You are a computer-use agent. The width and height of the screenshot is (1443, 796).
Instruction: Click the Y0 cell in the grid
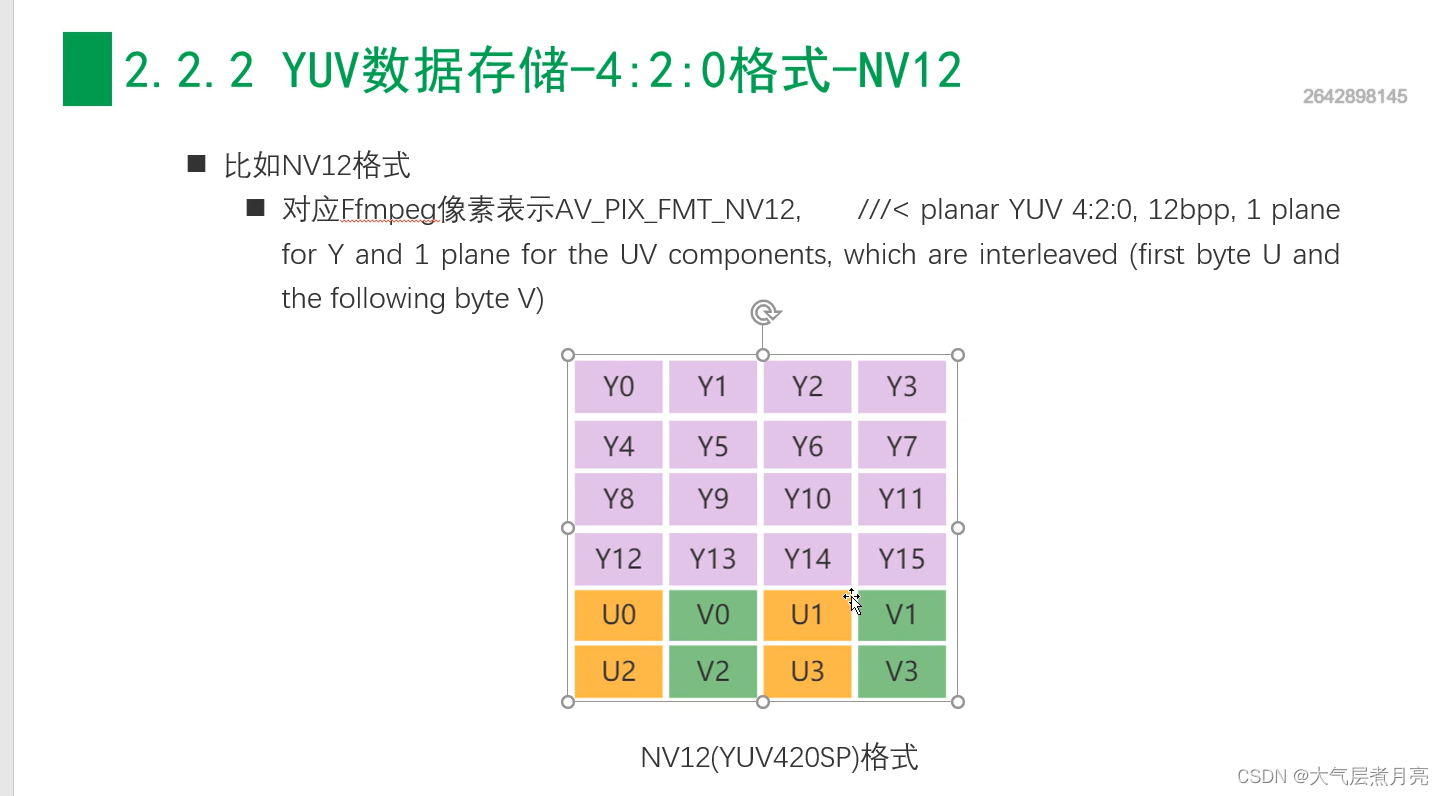click(x=618, y=386)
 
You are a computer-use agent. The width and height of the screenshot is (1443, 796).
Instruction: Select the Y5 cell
click(x=712, y=445)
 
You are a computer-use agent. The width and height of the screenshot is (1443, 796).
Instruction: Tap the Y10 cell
click(x=807, y=498)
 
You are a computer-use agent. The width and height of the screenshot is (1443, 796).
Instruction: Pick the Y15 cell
click(x=901, y=559)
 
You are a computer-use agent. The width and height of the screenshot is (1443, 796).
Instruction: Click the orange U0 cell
click(x=618, y=615)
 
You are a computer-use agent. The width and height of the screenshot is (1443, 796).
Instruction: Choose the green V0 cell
click(x=712, y=615)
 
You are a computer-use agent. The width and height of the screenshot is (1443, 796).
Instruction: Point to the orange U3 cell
click(x=807, y=671)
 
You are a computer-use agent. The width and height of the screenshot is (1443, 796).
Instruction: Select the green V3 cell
click(x=901, y=671)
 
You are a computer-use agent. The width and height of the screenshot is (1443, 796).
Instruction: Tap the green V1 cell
click(x=901, y=615)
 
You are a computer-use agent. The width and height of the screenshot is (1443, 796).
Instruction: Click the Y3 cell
click(x=901, y=386)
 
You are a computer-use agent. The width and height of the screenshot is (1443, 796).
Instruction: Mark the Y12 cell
click(x=618, y=559)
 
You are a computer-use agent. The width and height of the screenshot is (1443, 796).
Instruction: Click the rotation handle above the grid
click(x=764, y=313)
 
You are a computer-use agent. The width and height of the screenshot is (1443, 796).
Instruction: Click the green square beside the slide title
click(x=87, y=69)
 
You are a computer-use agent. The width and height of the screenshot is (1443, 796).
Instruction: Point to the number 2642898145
click(x=1355, y=97)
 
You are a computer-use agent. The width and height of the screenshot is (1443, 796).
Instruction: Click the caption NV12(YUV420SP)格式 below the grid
click(x=779, y=757)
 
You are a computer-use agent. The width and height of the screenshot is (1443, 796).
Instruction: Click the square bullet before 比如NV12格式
click(x=196, y=164)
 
